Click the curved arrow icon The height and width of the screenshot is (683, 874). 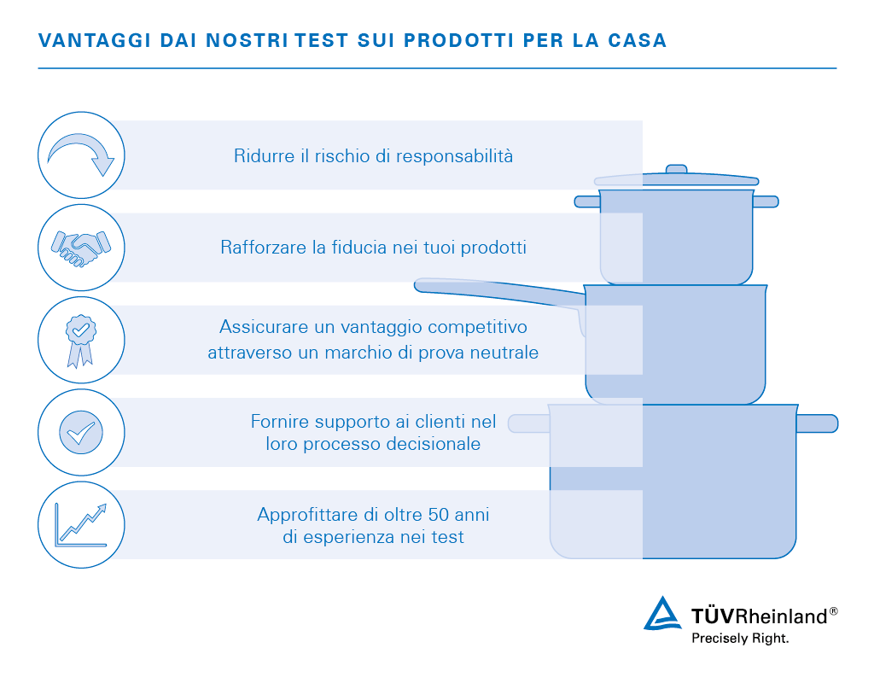[82, 155]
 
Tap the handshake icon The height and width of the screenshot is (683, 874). [82, 248]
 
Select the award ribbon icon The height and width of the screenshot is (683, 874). [82, 340]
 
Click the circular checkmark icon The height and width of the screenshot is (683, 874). [82, 432]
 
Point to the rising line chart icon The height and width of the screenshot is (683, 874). [82, 524]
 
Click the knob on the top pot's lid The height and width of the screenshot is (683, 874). [676, 169]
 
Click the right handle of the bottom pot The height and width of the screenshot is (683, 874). [817, 423]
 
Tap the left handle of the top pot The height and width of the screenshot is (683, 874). [587, 201]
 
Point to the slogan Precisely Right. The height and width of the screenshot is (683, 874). [740, 638]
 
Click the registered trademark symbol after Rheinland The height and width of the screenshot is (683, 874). [833, 611]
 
